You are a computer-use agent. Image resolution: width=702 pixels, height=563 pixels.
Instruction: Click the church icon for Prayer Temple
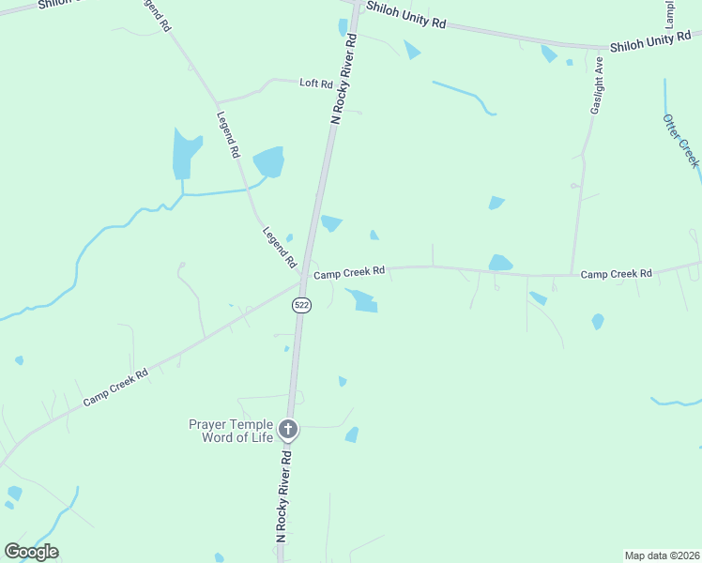288,431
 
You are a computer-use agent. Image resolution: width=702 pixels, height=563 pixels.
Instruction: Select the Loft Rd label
316,84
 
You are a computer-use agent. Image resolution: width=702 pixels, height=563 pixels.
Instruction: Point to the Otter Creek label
680,141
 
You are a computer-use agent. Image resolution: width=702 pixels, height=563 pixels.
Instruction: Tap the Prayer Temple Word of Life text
231,431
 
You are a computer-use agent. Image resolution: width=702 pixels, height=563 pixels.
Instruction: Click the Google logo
31,551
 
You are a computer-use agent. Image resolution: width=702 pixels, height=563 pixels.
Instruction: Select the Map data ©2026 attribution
662,555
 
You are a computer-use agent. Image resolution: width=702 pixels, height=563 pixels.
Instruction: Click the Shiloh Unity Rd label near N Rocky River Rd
405,16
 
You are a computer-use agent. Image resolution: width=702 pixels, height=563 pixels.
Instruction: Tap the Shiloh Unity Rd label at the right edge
655,41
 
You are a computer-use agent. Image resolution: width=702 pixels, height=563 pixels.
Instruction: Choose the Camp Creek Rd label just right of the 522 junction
349,273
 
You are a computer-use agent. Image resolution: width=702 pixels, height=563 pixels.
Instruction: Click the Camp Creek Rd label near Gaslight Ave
616,274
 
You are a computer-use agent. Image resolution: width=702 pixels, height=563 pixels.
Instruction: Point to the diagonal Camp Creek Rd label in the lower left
115,387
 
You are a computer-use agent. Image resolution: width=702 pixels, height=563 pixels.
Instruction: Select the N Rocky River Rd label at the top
345,79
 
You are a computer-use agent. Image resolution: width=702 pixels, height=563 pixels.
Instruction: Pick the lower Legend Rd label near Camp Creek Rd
279,246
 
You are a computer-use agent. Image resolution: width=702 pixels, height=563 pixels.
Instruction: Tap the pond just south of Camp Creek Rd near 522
362,301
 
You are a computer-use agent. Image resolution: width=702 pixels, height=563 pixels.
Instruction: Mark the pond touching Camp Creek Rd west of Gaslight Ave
500,263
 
